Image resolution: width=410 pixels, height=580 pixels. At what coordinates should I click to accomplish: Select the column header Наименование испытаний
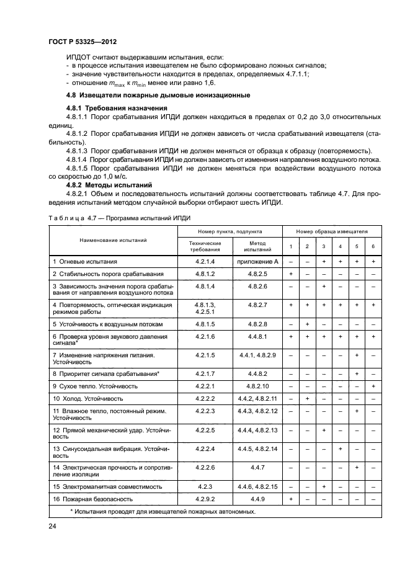tap(113, 239)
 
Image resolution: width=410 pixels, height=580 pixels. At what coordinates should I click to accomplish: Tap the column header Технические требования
tap(205, 246)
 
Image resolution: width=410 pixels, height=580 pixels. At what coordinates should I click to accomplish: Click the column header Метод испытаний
tap(257, 246)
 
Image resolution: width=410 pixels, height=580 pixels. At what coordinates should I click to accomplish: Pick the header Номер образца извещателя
tap(331, 231)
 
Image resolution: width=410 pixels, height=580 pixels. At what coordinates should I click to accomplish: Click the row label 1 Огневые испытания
tap(84, 262)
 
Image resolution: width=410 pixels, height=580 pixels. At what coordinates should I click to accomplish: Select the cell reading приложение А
tap(257, 262)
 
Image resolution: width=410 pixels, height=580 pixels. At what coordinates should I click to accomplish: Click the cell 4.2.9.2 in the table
tap(205, 498)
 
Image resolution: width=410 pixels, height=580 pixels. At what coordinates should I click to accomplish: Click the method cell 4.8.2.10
tap(257, 386)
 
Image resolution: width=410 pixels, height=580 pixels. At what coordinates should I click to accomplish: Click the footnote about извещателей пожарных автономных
tap(163, 511)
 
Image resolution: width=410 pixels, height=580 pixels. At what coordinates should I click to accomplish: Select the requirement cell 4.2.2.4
tap(205, 448)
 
